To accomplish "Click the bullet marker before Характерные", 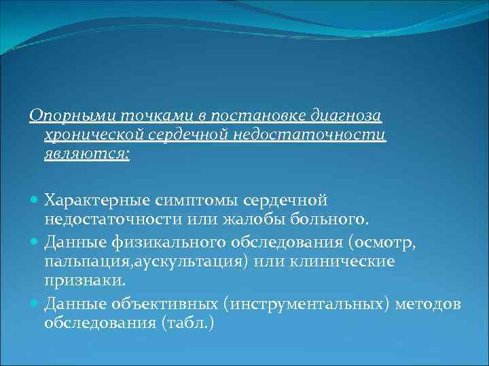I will coord(35,201).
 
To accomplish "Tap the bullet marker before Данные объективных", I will coord(35,305).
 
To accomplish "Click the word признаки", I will coord(77,279).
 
